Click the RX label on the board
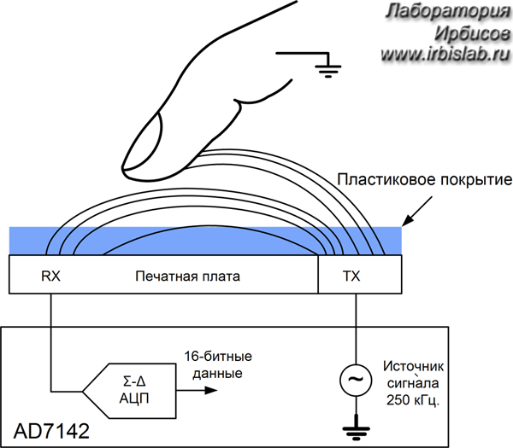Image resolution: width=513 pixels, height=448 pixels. (50, 276)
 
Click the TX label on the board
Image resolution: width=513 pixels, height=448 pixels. (351, 276)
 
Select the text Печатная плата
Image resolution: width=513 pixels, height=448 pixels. (187, 276)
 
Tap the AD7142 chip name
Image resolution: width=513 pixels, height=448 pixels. (51, 431)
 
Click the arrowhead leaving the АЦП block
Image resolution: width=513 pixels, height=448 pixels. (210, 390)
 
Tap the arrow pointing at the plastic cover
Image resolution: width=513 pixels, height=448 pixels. (417, 211)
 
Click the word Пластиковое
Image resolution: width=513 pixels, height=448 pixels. (384, 180)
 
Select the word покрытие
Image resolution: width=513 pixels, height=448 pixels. (473, 181)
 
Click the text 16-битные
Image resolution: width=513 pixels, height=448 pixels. (218, 356)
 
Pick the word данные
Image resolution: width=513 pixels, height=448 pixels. (217, 373)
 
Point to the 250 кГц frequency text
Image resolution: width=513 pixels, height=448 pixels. (413, 399)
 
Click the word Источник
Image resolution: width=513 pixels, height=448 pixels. (414, 366)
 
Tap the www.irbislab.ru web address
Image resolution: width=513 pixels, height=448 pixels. (445, 54)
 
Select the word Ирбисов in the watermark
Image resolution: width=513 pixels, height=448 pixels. (473, 33)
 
